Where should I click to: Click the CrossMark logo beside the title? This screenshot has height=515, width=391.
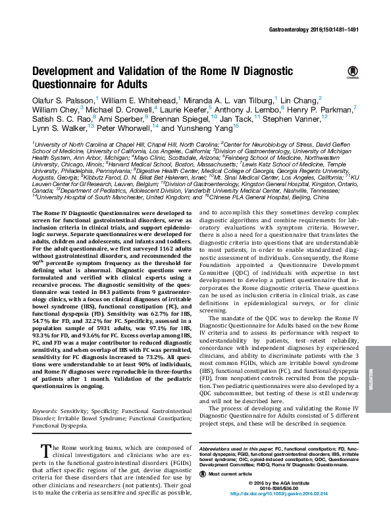click(x=352, y=73)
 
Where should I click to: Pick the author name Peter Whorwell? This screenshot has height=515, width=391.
click(x=118, y=128)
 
